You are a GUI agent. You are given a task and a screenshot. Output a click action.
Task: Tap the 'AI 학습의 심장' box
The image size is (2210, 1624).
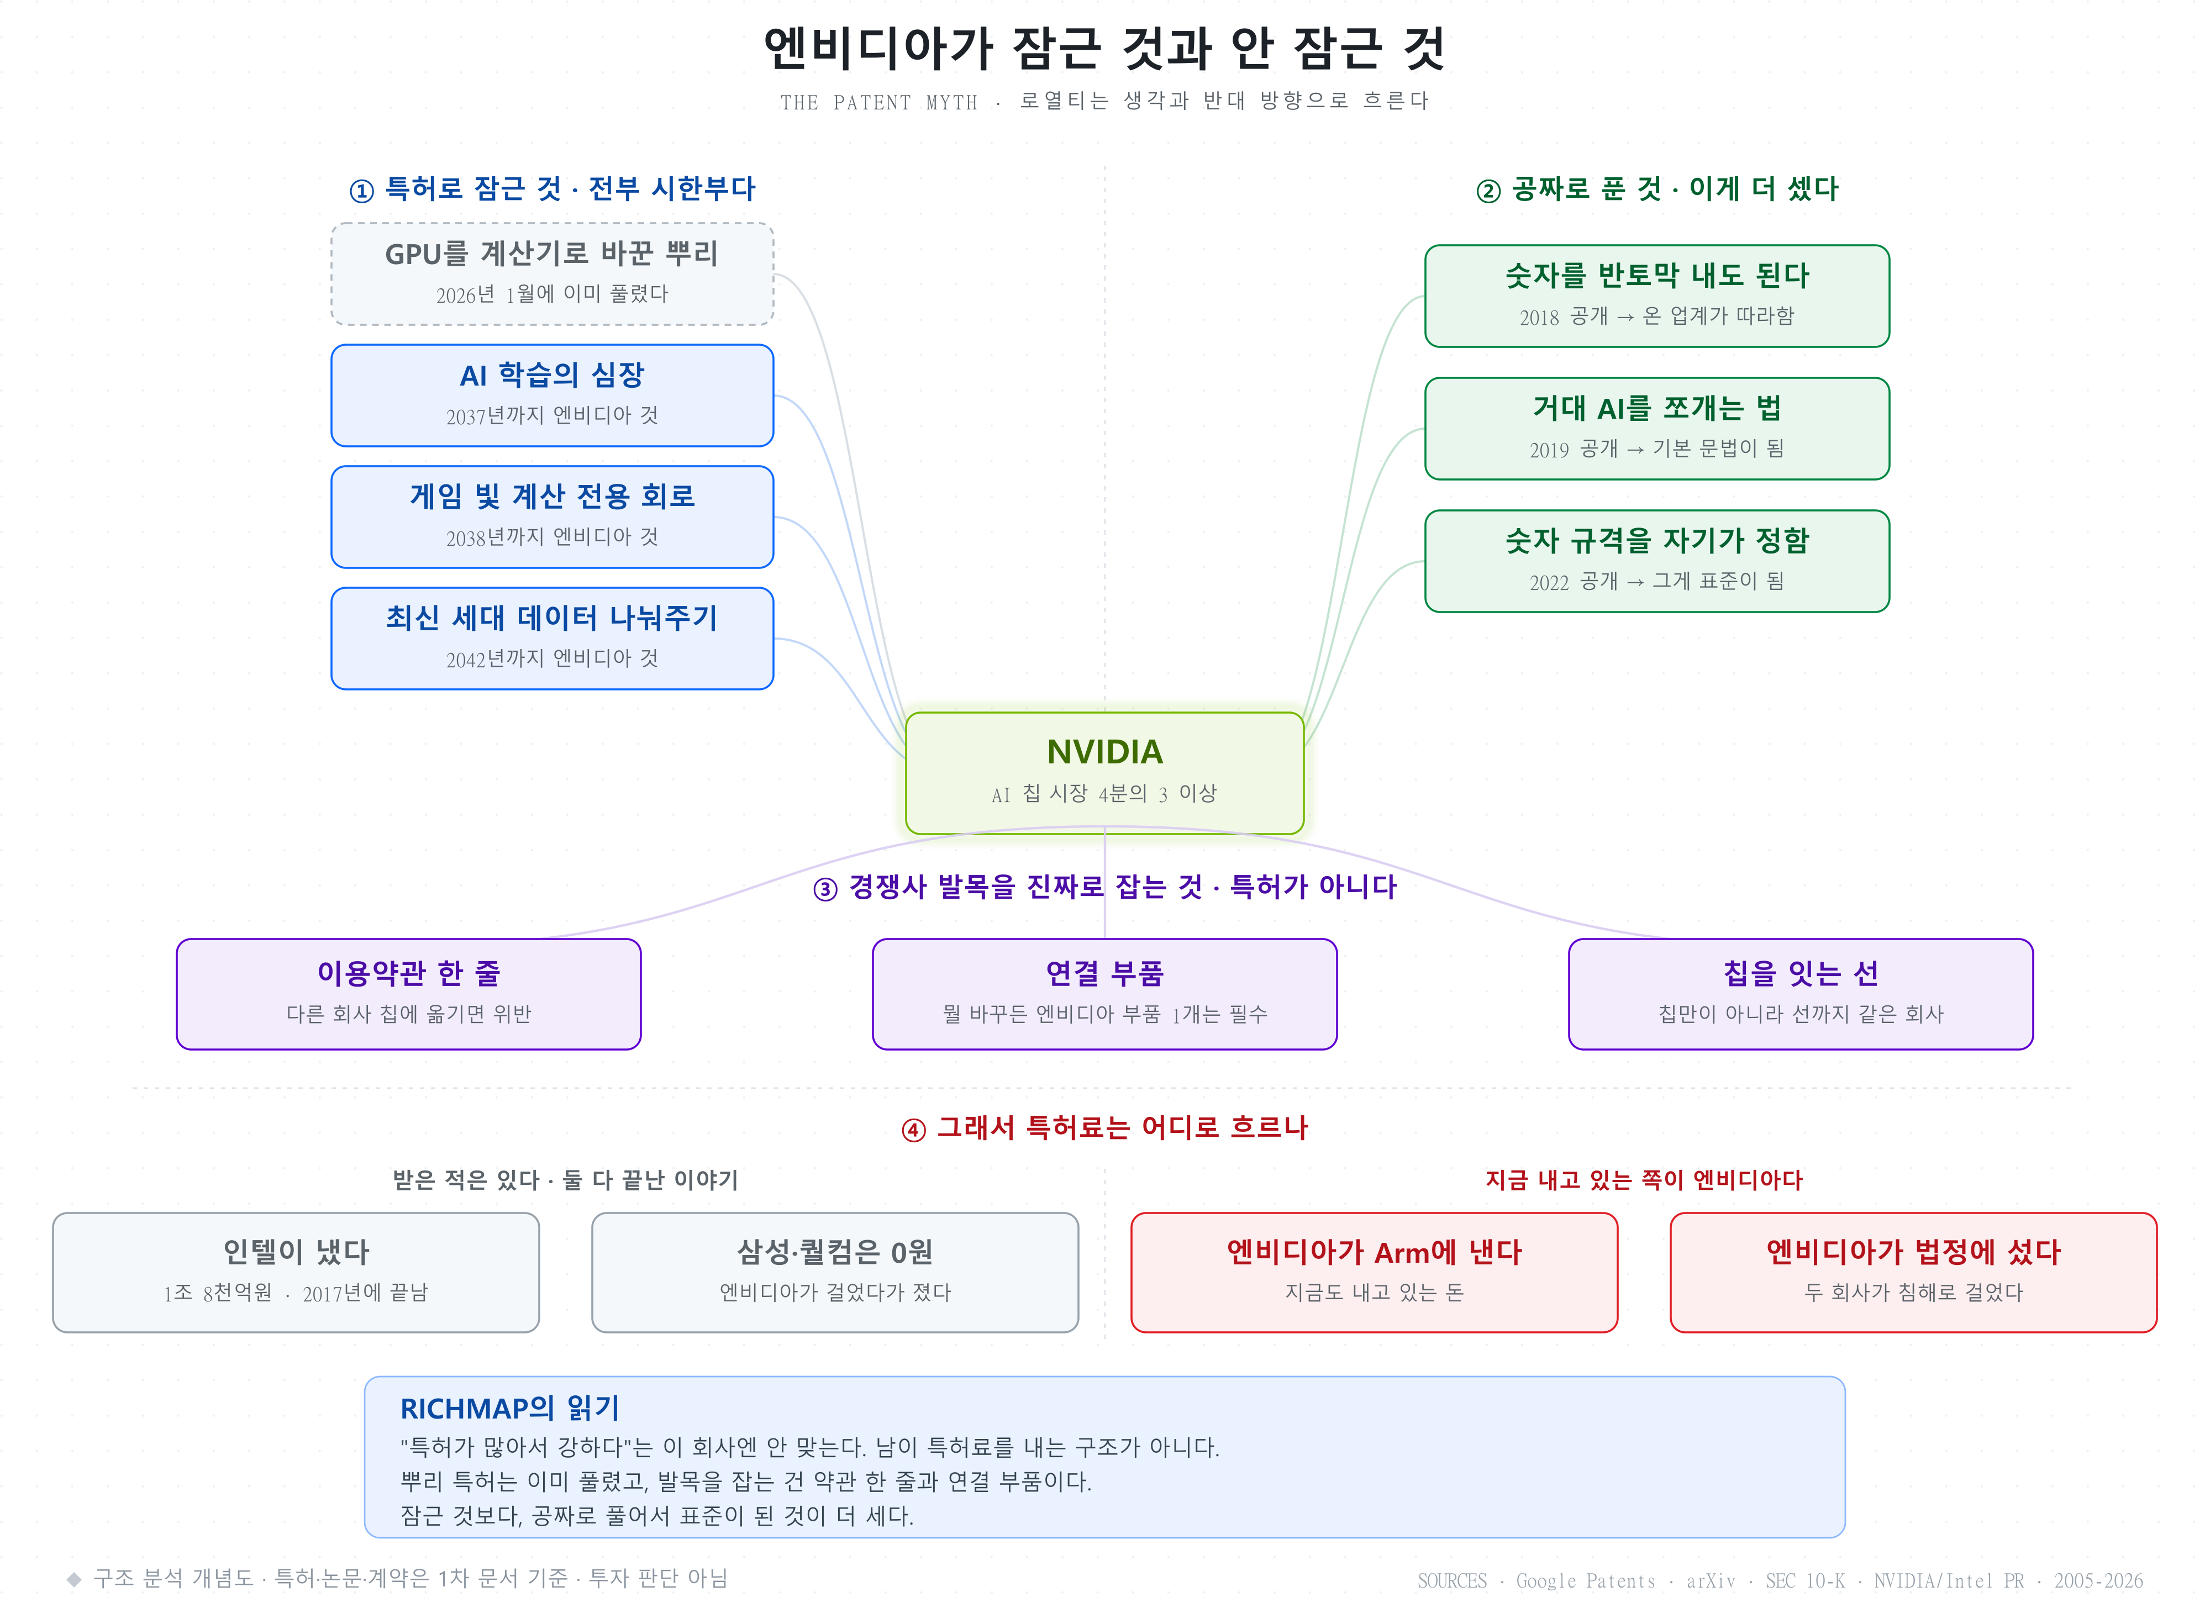pos(552,395)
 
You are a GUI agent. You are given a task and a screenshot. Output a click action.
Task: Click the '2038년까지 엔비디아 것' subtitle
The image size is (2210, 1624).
pos(552,537)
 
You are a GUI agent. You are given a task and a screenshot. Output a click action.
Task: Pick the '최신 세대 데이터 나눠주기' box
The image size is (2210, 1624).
pos(552,638)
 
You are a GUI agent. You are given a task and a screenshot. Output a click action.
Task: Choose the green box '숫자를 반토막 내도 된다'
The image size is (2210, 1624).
pos(1656,296)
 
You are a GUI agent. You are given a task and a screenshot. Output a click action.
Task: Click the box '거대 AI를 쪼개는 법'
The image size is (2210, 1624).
pos(1656,429)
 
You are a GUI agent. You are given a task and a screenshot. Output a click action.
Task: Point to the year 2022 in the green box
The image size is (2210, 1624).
pos(1549,582)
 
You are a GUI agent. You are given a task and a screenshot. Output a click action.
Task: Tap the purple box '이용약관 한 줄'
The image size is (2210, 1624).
pos(409,994)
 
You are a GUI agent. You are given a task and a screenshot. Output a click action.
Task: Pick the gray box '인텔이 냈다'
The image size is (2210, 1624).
pos(296,1272)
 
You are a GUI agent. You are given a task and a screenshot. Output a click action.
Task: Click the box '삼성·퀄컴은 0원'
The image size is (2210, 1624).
pos(835,1272)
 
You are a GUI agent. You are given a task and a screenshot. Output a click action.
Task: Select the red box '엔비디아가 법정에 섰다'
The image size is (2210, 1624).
pos(1913,1272)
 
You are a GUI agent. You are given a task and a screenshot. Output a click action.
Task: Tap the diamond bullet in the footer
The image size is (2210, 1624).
pos(73,1579)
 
